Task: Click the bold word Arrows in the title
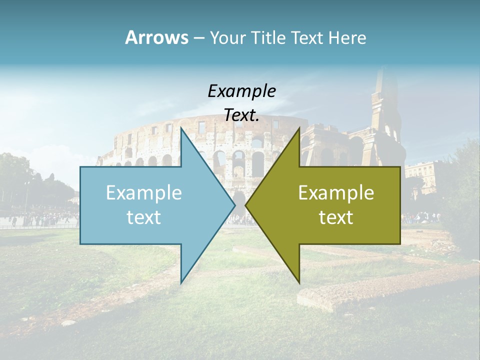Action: tap(156, 37)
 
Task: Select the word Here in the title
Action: tap(347, 37)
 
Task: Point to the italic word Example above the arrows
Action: tap(241, 91)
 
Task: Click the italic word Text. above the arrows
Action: tap(241, 115)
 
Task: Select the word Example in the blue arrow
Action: tap(144, 193)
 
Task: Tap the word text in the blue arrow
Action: tap(144, 217)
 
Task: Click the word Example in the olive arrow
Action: tap(336, 193)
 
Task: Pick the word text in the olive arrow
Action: tap(336, 217)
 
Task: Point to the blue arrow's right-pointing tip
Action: tap(234, 205)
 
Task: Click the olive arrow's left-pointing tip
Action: tap(246, 205)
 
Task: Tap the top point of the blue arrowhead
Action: tap(181, 129)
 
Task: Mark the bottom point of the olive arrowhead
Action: tap(299, 282)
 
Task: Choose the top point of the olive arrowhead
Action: tap(299, 129)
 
